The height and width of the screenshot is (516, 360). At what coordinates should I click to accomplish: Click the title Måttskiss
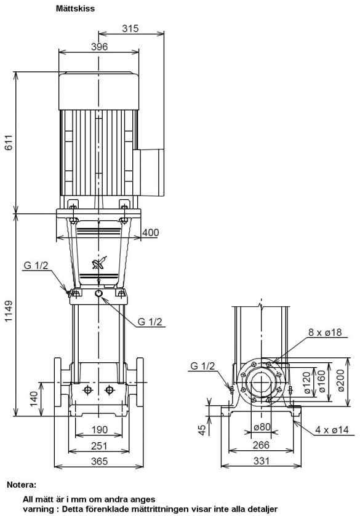point(75,9)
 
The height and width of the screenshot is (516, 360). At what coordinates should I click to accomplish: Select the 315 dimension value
point(130,28)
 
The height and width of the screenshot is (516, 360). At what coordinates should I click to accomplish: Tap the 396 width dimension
point(100,47)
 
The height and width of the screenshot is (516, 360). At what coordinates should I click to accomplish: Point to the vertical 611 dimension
point(9,142)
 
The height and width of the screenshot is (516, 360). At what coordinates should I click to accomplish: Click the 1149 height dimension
point(9,311)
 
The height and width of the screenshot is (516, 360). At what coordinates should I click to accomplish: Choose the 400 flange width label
point(151,232)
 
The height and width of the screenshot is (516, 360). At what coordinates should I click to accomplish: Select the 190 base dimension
point(100,429)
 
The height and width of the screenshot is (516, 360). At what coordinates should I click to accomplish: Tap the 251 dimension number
point(99,445)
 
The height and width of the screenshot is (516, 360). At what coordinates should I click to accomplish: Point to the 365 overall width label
point(99,461)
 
